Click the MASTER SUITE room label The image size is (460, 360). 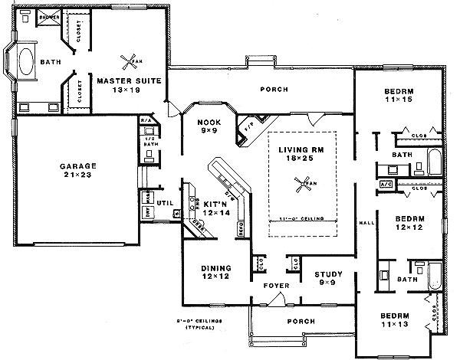(x=128, y=83)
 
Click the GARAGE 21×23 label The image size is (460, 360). (x=78, y=170)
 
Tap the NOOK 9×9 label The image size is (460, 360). (x=209, y=126)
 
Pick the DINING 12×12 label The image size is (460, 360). (x=215, y=272)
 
